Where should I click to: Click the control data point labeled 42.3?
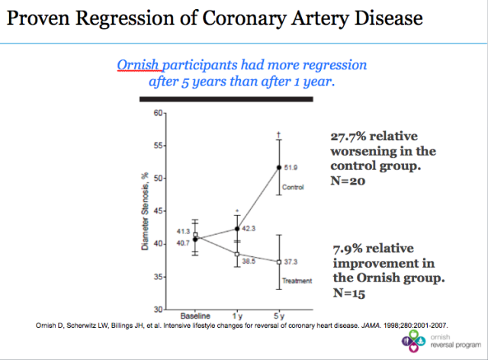[x=236, y=228]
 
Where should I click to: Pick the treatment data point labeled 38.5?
[x=236, y=253]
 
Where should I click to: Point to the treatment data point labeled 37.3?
[x=279, y=261]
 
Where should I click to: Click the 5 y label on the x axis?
[x=279, y=316]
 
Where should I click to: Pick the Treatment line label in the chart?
[x=298, y=281]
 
